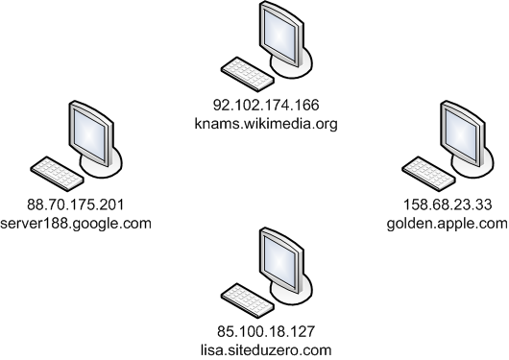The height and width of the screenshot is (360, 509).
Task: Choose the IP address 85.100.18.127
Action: [264, 332]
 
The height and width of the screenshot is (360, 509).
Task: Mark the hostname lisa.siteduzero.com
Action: [264, 350]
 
